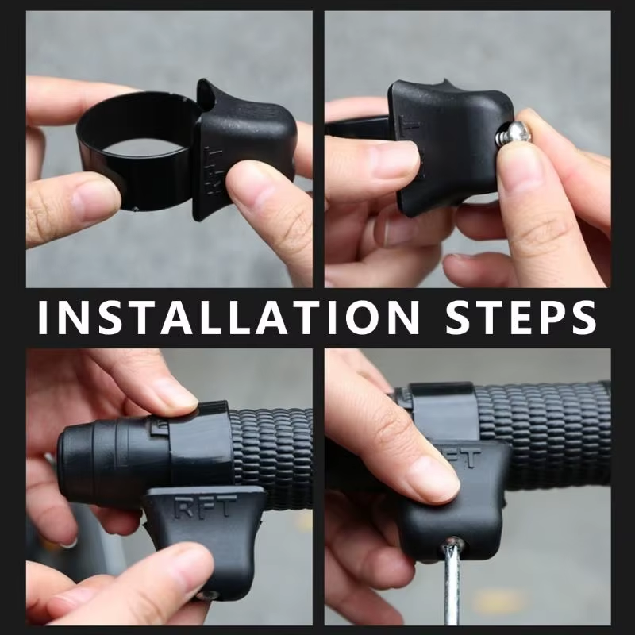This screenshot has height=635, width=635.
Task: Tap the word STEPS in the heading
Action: click(521, 317)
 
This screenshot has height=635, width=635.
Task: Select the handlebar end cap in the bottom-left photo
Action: click(103, 452)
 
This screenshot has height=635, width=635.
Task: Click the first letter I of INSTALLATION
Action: click(44, 317)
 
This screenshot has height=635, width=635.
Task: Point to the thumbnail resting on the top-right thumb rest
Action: click(397, 159)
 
